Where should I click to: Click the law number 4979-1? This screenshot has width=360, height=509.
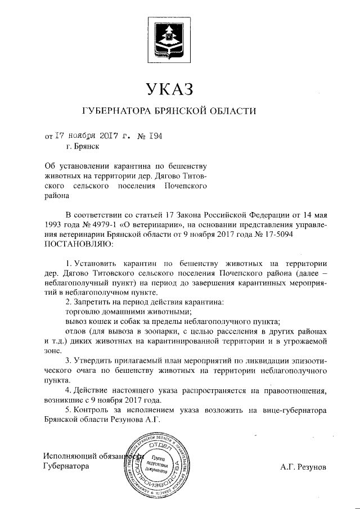click(x=96, y=225)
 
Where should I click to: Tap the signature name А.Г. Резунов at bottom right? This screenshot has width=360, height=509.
click(x=303, y=467)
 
